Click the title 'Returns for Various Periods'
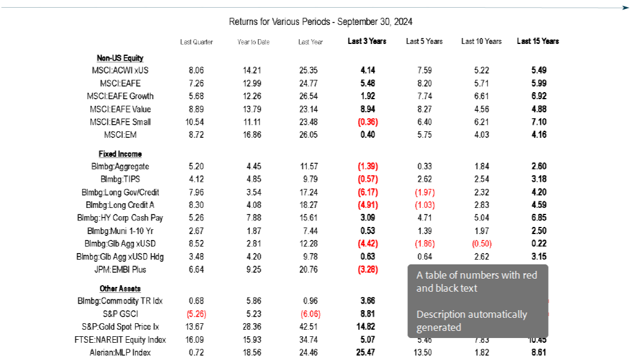point(321,22)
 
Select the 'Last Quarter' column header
point(197,42)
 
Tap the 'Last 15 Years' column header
point(538,42)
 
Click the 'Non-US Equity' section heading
point(120,58)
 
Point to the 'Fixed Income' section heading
point(120,154)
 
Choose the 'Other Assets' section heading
point(120,289)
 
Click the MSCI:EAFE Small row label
point(120,122)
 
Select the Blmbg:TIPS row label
point(120,179)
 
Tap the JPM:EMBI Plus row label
point(120,270)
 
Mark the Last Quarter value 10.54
point(196,122)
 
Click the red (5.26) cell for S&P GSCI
point(196,314)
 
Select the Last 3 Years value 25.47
point(368,353)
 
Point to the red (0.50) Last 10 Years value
point(482,244)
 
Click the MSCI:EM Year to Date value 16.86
point(254,135)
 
